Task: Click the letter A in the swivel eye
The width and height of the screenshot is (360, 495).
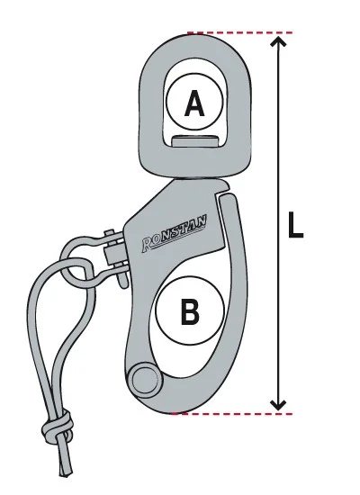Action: [194, 103]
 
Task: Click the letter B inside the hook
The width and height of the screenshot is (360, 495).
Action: [190, 311]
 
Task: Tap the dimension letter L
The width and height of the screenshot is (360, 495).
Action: [295, 224]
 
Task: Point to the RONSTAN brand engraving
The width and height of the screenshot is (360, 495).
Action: [174, 234]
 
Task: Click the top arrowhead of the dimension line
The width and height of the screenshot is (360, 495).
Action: [278, 41]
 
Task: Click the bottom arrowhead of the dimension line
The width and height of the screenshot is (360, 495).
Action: [278, 405]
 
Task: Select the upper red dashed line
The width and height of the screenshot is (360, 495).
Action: [240, 32]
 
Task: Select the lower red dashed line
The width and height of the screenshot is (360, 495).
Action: [233, 413]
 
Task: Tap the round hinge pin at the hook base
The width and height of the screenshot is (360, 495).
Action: [145, 379]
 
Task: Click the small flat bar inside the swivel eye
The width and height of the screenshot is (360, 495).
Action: [196, 140]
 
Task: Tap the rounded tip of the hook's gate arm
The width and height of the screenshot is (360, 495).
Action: [228, 200]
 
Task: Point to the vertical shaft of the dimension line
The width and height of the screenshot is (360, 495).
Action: [278, 223]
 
